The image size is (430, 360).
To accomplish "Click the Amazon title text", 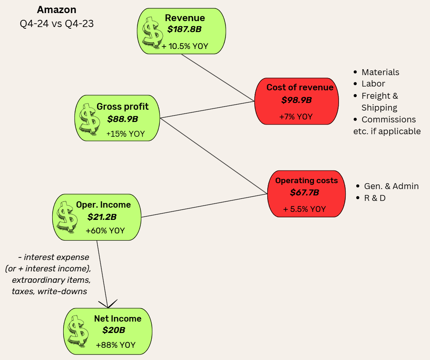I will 57,10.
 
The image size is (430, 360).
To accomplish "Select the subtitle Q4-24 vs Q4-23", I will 57,24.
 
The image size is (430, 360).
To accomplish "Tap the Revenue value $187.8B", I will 185,30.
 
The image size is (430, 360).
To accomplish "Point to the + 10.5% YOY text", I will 185,46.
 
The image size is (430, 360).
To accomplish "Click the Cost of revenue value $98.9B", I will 296,100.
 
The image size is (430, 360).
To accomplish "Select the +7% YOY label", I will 296,116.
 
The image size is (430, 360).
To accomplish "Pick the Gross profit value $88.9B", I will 122,119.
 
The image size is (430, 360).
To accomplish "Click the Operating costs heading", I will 306,181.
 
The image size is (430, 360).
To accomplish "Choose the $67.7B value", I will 304,193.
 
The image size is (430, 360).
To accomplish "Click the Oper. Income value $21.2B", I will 102,217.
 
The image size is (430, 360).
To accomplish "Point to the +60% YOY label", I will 105,231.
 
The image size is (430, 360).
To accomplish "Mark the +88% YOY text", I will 116,345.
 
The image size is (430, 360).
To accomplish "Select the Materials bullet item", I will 380,72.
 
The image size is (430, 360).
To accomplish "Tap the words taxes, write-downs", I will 49,291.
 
